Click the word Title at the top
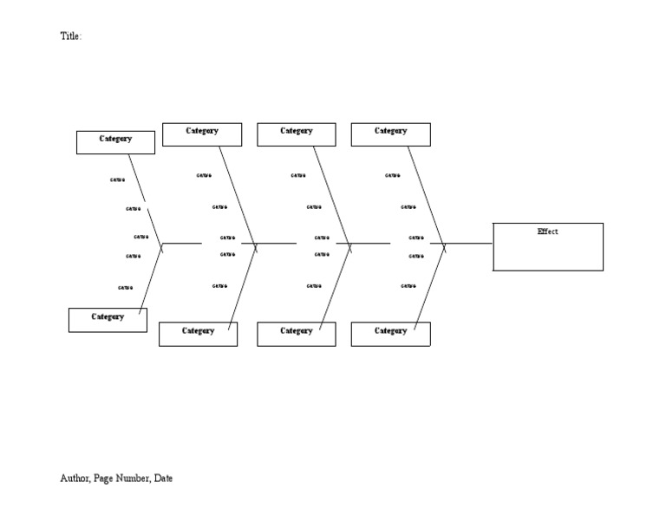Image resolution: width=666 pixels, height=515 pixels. coord(69,36)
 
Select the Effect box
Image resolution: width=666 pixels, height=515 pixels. coord(548,247)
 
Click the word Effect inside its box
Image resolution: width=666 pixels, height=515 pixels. coord(547,231)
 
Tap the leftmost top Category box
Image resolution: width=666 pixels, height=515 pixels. coord(115,142)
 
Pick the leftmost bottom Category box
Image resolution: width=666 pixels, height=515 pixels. coord(108,320)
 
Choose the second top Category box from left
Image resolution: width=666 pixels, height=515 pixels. coord(202,134)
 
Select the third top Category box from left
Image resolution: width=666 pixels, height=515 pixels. coord(296,134)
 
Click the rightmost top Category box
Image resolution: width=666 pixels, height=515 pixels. coord(390,134)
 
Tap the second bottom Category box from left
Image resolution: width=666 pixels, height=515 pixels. coord(198,334)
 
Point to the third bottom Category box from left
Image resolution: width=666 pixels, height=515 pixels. coord(296,334)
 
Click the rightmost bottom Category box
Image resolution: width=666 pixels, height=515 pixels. coord(390,334)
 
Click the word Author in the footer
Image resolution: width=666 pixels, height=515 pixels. coord(75,478)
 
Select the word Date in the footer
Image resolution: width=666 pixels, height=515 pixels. coord(163,478)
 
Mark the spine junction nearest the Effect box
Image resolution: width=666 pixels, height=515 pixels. coord(444,244)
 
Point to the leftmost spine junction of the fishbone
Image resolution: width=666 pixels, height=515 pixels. coord(161,244)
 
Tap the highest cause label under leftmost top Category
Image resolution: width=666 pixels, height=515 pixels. coord(117,180)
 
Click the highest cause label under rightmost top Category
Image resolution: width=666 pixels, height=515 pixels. coord(393,175)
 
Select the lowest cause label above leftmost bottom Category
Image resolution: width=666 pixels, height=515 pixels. coord(126,288)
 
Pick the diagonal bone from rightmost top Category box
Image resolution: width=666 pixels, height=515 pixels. coord(426,195)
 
